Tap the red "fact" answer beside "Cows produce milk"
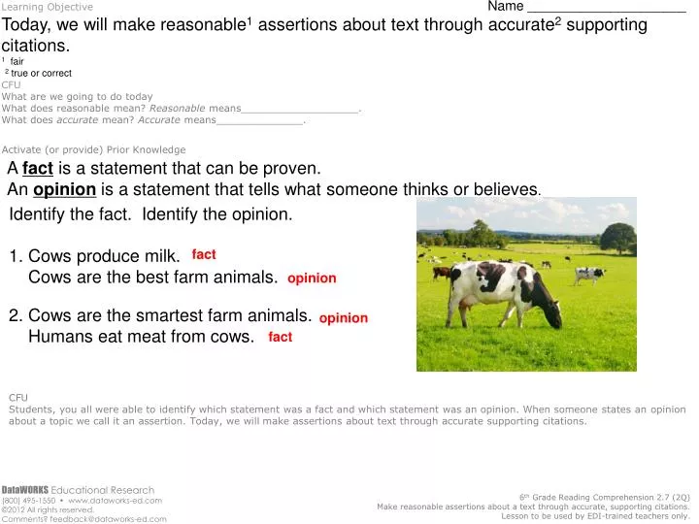click(x=204, y=254)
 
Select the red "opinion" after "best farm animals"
click(x=312, y=278)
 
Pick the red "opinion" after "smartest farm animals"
click(x=344, y=317)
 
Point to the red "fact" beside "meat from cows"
click(x=281, y=337)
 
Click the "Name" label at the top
click(x=506, y=7)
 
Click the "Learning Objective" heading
click(x=48, y=7)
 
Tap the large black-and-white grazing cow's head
click(x=549, y=316)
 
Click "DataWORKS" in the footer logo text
click(x=24, y=489)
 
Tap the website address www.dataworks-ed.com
click(x=120, y=500)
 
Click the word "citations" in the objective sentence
click(x=36, y=46)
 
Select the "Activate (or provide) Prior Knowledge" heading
click(x=93, y=149)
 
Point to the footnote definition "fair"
click(x=17, y=61)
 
